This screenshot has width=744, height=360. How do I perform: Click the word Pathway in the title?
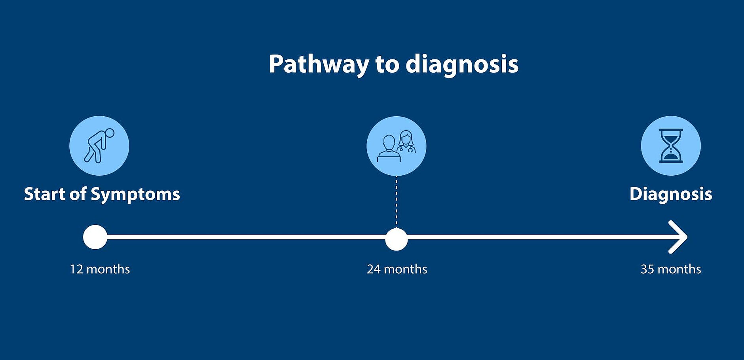point(319,64)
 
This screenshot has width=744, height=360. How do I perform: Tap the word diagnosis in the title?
point(462,64)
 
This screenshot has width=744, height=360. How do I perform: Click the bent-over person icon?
point(99,146)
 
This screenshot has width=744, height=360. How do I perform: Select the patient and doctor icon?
point(397,146)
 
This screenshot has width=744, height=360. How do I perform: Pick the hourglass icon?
point(671,146)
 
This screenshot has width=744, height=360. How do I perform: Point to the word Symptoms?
point(135,195)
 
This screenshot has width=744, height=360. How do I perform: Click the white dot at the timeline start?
point(95,237)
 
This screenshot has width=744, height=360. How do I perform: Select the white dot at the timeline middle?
point(397,239)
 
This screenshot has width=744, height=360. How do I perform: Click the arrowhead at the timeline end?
point(678,237)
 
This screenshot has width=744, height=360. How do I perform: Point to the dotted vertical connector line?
point(397,202)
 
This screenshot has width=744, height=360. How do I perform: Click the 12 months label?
point(100,269)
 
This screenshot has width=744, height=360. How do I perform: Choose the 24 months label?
point(397,269)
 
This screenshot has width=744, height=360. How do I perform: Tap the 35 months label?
point(671,269)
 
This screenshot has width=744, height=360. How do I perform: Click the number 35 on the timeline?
point(647,269)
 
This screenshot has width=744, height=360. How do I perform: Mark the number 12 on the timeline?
point(77,269)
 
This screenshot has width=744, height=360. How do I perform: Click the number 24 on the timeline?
point(374,269)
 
